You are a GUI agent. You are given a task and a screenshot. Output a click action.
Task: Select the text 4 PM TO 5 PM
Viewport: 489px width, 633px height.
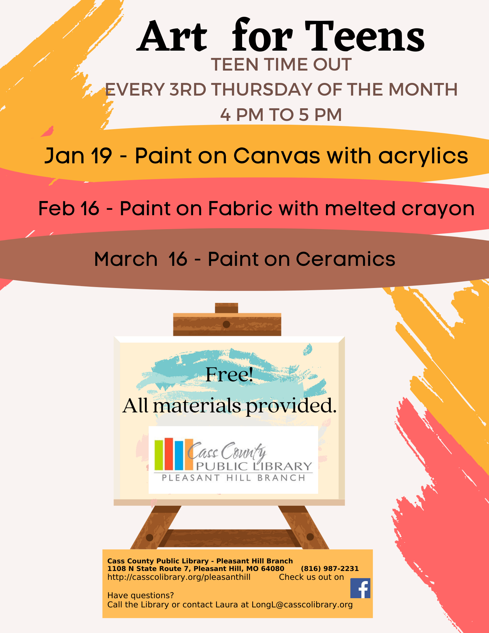[x=281, y=115]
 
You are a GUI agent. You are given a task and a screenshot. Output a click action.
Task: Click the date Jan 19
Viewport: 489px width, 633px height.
[x=78, y=156]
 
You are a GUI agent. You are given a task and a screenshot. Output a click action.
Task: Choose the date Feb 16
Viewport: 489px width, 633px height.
[x=69, y=208]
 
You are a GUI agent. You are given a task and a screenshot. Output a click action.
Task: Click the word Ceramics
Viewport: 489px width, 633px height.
[x=346, y=259]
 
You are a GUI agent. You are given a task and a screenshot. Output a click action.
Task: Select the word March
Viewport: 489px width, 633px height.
[x=126, y=259]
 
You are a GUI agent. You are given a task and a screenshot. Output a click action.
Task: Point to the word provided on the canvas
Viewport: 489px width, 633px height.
[x=291, y=406]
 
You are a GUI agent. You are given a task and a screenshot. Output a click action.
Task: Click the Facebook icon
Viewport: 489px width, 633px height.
[x=360, y=588]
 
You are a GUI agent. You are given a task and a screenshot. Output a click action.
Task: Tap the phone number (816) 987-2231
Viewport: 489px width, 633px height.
[x=330, y=568]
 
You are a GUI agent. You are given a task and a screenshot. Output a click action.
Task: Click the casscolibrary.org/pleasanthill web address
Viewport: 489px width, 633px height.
[x=179, y=577]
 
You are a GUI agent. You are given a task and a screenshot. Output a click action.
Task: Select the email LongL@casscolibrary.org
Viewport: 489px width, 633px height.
[x=302, y=605]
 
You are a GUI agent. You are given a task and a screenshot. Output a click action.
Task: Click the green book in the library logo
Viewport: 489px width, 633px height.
[x=159, y=454]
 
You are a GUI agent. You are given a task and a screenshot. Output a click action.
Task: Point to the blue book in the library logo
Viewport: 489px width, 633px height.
[x=179, y=455]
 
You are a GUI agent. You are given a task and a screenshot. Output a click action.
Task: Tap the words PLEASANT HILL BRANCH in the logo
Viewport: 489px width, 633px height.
[x=234, y=478]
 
